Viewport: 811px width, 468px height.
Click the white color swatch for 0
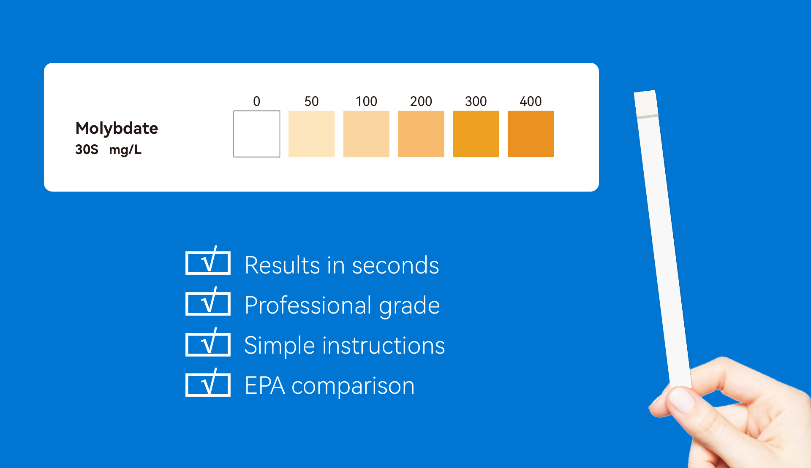tap(257, 134)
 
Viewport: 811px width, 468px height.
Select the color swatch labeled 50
tap(311, 134)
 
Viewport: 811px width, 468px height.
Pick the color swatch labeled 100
tap(366, 134)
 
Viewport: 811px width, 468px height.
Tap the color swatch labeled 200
tap(421, 134)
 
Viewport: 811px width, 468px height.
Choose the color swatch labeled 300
tap(476, 134)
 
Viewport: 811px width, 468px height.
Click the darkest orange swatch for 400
tap(531, 134)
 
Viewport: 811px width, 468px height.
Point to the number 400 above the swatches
tap(531, 101)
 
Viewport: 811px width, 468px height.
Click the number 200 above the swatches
tap(421, 101)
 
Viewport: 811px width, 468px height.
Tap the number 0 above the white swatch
tap(257, 101)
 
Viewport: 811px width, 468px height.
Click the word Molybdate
tap(117, 128)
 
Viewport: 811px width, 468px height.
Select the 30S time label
tap(87, 149)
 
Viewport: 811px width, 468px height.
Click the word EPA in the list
tap(265, 386)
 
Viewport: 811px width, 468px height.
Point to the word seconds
tap(395, 266)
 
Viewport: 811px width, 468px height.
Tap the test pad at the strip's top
tap(646, 103)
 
